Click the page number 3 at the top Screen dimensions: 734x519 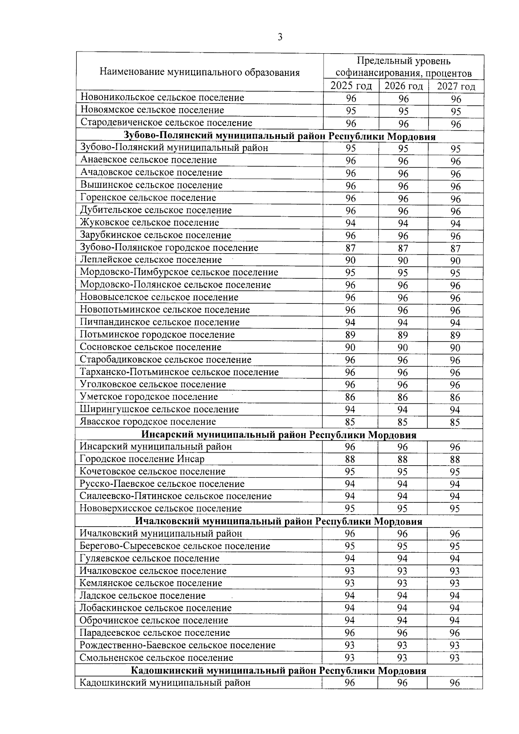click(280, 37)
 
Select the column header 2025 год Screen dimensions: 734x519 click(351, 86)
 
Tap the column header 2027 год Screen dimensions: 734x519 click(456, 87)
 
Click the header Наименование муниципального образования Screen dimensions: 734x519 click(199, 72)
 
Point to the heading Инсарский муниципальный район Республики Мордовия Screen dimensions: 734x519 click(279, 435)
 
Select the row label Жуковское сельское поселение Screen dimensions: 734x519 click(150, 223)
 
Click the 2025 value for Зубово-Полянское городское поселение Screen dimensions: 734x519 click(350, 248)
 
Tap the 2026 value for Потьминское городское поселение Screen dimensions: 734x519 click(403, 335)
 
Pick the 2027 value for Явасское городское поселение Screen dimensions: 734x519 click(455, 422)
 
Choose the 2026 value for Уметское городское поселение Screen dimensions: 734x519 click(403, 397)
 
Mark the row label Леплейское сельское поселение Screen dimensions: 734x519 click(151, 260)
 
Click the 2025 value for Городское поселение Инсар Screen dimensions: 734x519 click(350, 459)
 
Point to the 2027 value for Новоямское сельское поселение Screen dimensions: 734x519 click(456, 112)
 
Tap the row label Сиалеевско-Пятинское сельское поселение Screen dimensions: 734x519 click(176, 496)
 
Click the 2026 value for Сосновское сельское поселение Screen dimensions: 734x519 click(403, 348)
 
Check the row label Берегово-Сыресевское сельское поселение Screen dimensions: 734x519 click(175, 546)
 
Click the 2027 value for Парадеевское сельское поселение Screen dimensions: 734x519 click(455, 633)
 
